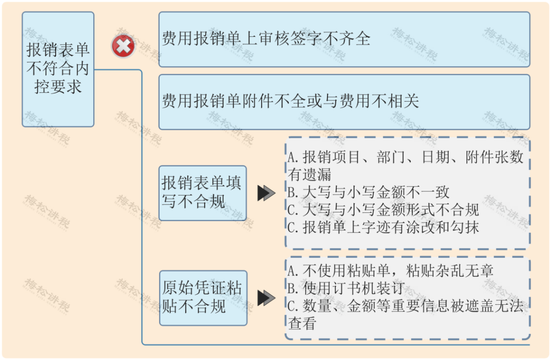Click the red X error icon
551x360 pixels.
123,46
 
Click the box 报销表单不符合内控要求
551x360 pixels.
58,69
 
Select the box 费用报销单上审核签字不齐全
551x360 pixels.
344,39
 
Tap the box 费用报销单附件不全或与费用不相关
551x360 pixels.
344,102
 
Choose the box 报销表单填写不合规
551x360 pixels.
203,193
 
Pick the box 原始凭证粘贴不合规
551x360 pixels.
203,298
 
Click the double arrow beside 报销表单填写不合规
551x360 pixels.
266,193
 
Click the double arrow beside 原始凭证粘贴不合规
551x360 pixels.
266,298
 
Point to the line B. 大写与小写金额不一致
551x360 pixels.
368,193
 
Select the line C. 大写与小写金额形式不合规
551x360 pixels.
383,210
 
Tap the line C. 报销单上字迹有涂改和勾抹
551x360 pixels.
383,227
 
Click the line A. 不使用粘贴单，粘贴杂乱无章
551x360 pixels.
390,271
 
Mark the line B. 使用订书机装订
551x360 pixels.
346,289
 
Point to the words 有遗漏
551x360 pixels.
310,174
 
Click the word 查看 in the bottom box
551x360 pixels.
302,323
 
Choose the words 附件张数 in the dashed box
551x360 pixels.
494,157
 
